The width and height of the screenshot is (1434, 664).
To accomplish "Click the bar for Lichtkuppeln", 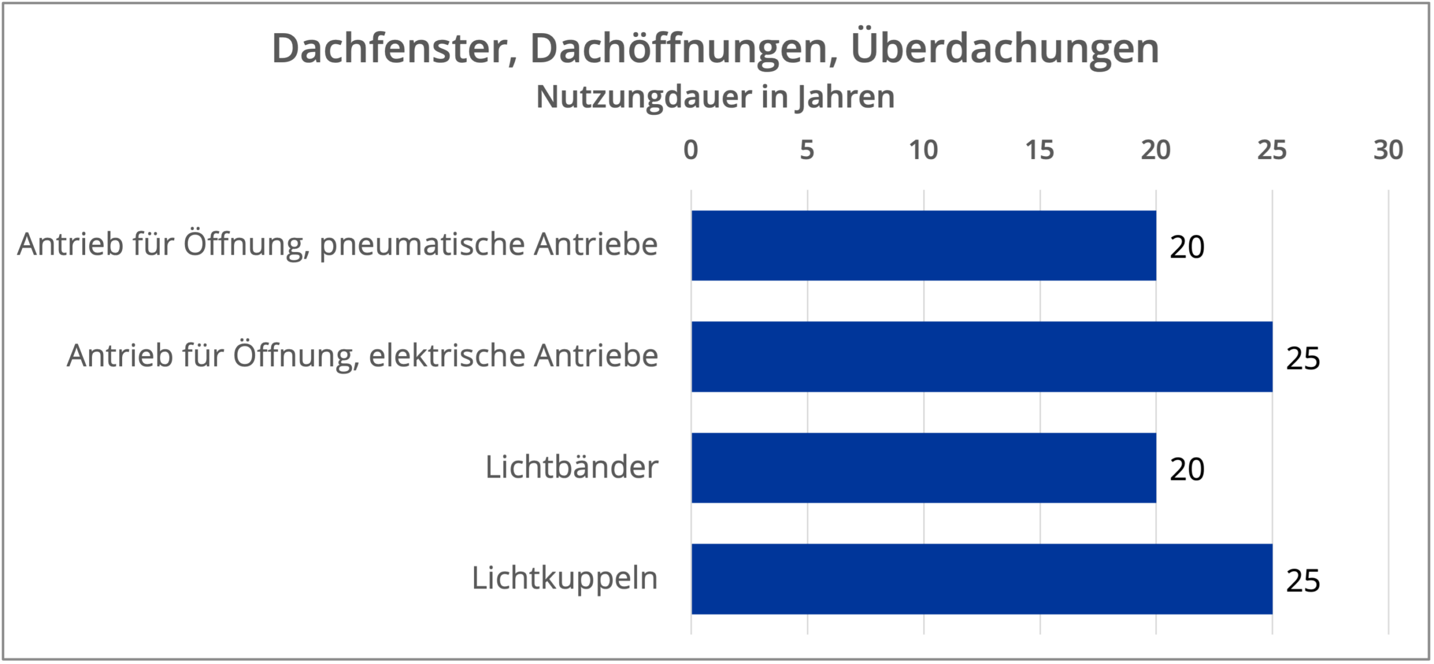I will tap(981, 578).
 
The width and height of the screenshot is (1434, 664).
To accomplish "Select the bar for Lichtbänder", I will tap(923, 467).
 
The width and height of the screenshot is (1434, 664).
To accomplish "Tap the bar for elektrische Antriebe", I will tap(981, 356).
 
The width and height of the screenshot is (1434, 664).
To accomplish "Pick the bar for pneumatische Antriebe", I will tap(923, 245).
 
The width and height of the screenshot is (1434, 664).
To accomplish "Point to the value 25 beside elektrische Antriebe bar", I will tap(1303, 358).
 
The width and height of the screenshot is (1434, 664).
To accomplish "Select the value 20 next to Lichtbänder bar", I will tap(1186, 469).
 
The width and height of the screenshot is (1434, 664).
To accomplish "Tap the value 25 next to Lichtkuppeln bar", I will tap(1303, 581).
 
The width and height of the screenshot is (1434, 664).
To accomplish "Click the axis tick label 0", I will tap(691, 150).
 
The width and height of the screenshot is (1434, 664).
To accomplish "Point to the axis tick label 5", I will tap(807, 150).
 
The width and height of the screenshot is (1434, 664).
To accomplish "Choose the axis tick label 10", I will tap(923, 150).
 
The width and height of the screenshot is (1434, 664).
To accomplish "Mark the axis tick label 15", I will tap(1039, 150).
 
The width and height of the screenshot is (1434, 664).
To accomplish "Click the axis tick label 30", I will tap(1388, 150).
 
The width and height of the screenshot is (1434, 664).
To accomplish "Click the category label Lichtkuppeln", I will tap(565, 578).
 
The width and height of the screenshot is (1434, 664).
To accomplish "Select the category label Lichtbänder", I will tap(571, 467).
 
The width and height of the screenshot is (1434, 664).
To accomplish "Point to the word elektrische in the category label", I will tap(446, 356).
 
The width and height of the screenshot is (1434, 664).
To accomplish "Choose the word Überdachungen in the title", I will tap(1005, 49).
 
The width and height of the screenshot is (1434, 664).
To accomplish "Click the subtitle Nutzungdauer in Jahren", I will tap(715, 97).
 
